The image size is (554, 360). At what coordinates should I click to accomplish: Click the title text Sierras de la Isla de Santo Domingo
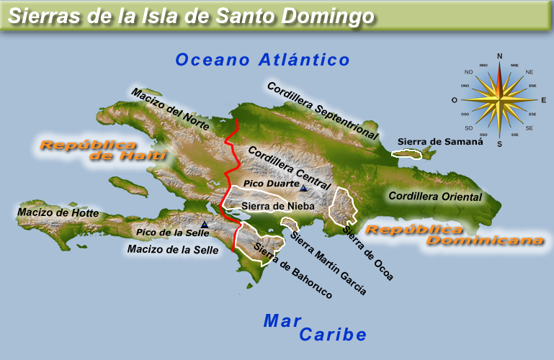(x=193, y=15)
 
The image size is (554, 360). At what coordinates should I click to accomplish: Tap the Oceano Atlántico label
(x=262, y=60)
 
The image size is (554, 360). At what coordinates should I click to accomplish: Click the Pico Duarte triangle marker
(x=303, y=189)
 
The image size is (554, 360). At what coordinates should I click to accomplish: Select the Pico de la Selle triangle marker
(x=205, y=225)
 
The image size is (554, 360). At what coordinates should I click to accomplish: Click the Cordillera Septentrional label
(x=323, y=110)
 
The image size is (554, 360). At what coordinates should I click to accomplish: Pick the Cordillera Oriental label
(x=434, y=196)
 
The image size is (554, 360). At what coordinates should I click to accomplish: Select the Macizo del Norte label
(x=169, y=110)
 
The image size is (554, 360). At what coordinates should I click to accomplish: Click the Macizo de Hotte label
(x=58, y=212)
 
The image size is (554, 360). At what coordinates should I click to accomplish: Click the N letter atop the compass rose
(x=500, y=55)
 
